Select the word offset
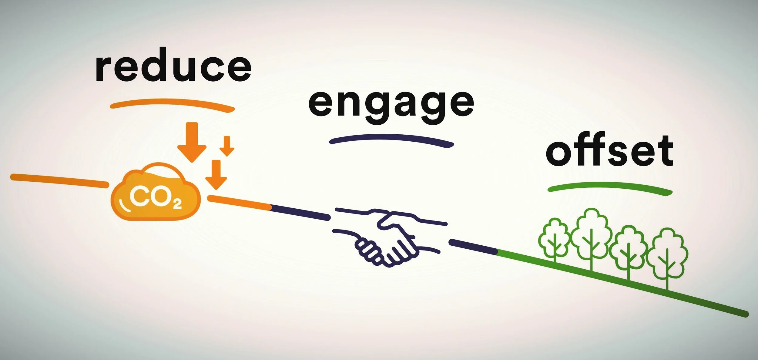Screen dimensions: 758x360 pos(610,150)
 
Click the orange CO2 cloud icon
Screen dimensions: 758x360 pos(156,194)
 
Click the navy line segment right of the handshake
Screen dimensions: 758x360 pos(473,246)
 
